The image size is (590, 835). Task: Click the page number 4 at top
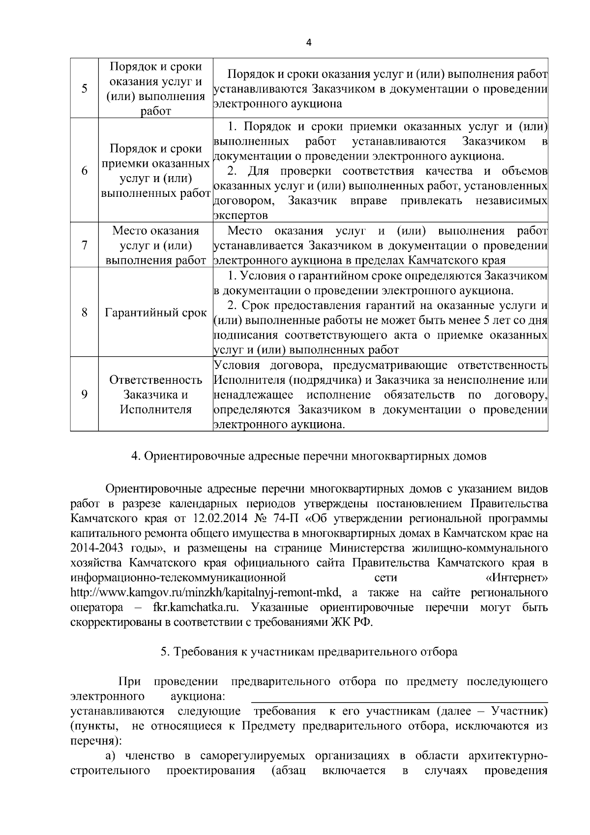[x=308, y=42]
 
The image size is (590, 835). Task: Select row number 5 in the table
[x=84, y=89]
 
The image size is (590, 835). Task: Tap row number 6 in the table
[x=84, y=170]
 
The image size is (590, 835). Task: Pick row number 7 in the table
[x=84, y=245]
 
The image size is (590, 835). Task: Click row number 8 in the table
[x=84, y=312]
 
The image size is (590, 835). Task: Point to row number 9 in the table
[x=84, y=394]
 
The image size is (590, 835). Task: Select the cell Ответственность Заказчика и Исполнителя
[x=155, y=394]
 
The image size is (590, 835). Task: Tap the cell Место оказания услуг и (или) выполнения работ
[x=155, y=245]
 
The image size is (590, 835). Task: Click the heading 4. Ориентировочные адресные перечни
[x=308, y=456]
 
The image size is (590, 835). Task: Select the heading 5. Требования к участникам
[x=309, y=651]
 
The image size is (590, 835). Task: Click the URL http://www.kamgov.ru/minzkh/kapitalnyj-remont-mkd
[x=206, y=592]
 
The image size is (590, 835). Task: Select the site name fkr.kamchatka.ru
[x=194, y=607]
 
